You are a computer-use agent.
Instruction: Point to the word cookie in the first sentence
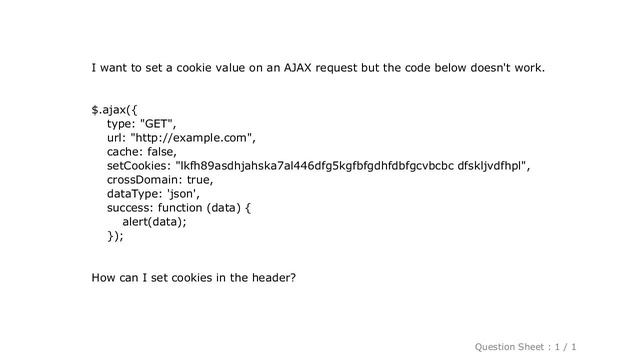193,69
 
